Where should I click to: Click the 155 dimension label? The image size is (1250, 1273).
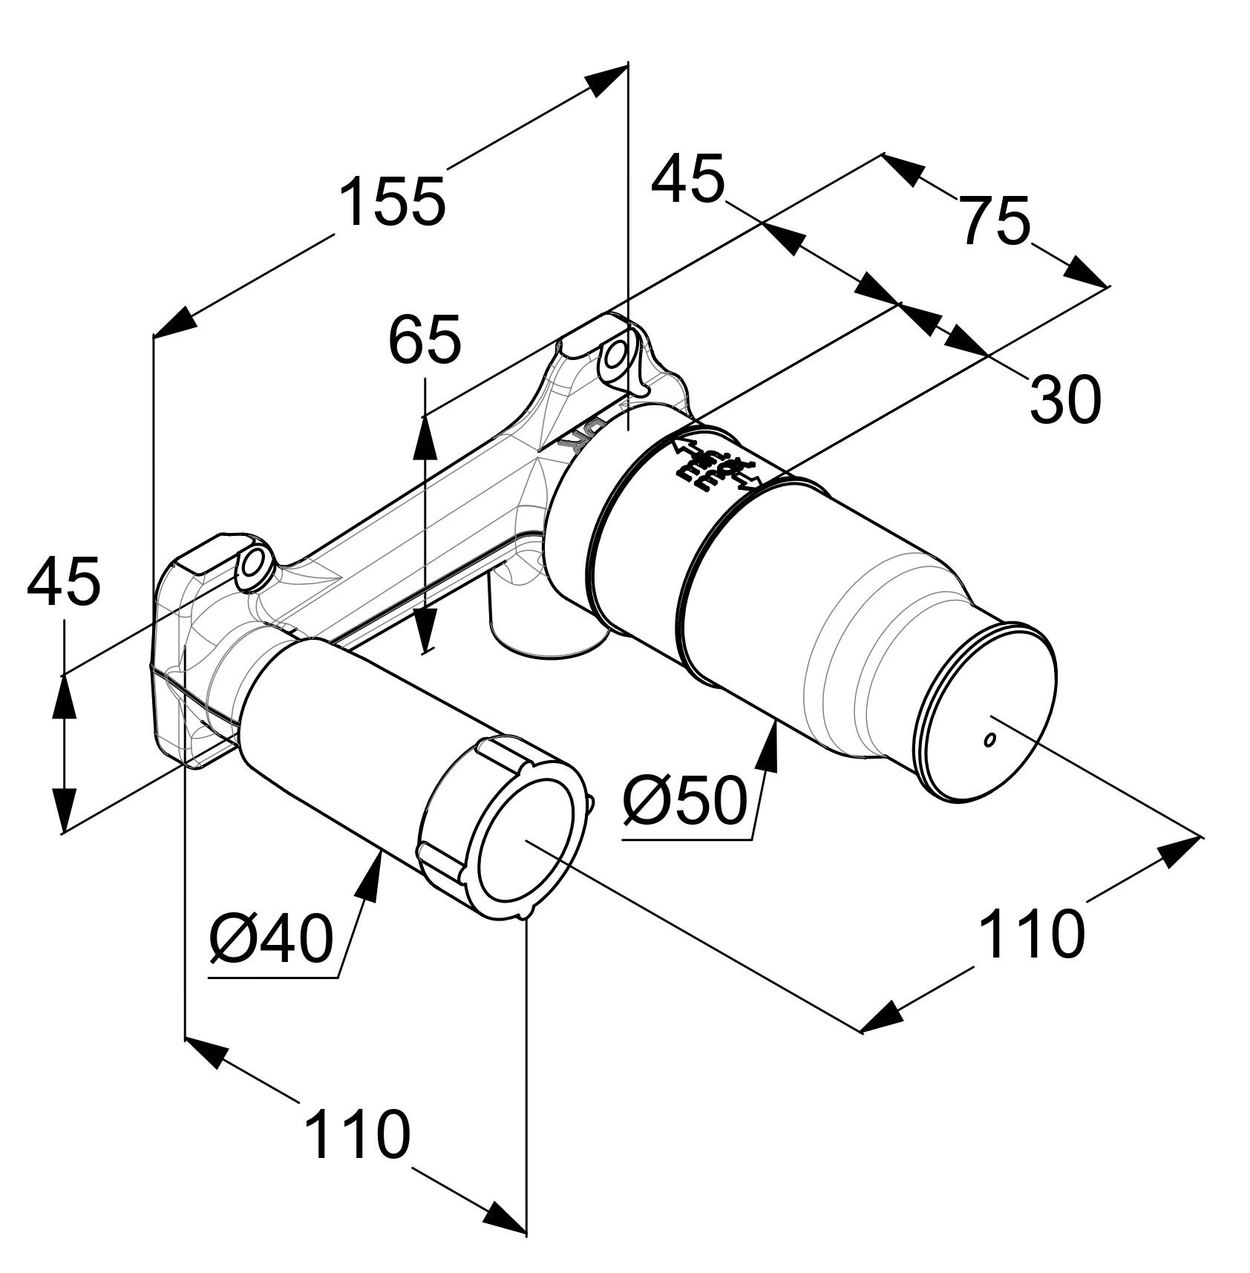(393, 200)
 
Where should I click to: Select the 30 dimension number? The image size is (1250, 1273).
(1064, 399)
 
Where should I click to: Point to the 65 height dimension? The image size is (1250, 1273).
(425, 338)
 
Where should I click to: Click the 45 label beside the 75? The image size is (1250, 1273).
(687, 179)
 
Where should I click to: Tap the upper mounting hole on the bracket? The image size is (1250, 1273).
(615, 357)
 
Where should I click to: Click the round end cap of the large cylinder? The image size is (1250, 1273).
(984, 713)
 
